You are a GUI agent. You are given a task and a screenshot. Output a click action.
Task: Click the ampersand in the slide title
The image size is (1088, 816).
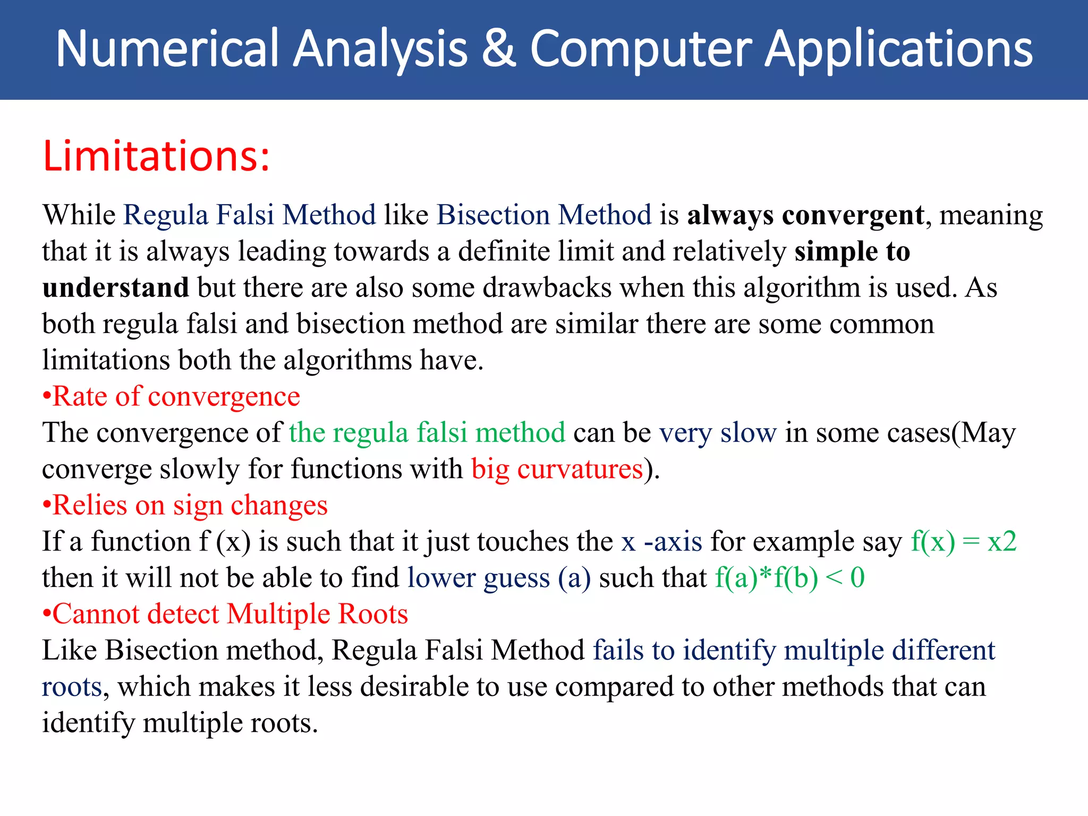point(499,49)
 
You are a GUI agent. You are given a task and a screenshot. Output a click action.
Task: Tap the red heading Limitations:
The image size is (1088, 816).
point(156,156)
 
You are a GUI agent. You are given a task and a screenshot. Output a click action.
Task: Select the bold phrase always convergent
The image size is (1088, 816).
point(805,215)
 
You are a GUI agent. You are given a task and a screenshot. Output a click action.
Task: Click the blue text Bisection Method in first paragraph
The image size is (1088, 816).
point(544,215)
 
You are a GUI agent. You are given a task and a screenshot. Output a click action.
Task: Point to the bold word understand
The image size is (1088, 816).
point(115,287)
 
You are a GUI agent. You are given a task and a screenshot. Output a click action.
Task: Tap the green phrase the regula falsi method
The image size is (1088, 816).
point(427,432)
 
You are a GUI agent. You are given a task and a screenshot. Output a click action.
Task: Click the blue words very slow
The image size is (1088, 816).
point(718,432)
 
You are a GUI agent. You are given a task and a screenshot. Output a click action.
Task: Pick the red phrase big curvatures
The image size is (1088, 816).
point(557,469)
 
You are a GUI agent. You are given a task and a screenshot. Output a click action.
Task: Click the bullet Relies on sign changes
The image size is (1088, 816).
point(185,505)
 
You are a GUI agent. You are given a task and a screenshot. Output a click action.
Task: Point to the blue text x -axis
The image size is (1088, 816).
point(661,541)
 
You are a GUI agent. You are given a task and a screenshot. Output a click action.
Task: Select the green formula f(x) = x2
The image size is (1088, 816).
point(963,541)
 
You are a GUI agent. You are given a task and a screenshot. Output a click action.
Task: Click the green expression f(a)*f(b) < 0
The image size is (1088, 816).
point(789,577)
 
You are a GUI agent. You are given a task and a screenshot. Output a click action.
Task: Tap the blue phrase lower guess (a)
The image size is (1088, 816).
point(499,577)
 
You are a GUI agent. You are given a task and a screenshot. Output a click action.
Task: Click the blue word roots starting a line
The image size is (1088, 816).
point(72,687)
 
